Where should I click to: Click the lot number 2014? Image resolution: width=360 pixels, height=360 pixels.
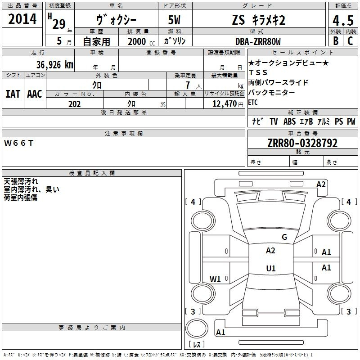coord(22,19)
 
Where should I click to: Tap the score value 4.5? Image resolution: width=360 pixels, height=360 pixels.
coord(343,20)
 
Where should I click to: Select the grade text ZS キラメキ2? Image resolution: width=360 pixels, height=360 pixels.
coord(259,20)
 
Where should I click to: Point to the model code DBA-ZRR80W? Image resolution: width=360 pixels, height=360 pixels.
coord(258,41)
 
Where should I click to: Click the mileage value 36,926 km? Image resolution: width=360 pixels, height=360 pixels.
coord(54,64)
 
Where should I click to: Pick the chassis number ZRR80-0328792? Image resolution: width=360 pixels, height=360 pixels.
coord(302,143)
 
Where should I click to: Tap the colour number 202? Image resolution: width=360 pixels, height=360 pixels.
coord(74,104)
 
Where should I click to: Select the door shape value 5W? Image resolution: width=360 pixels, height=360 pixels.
coord(174,20)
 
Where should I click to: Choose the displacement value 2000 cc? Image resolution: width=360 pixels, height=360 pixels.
coord(141,41)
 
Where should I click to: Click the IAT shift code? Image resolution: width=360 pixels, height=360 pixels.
coord(13,94)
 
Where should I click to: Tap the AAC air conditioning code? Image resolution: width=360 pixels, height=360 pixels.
coord(35,94)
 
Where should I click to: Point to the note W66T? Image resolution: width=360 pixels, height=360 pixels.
coord(18,143)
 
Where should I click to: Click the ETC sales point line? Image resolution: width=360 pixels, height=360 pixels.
coord(253,102)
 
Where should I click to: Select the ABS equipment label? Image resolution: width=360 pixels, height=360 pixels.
coord(289,121)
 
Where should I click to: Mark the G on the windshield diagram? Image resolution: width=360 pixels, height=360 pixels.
coord(284,237)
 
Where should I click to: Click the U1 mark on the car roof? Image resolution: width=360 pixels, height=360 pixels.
coord(271,268)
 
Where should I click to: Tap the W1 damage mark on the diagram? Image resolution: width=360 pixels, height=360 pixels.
coord(215,279)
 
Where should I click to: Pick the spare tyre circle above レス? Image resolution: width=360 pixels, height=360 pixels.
coord(197,328)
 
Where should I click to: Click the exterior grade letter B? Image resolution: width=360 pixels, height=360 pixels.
coord(336,41)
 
